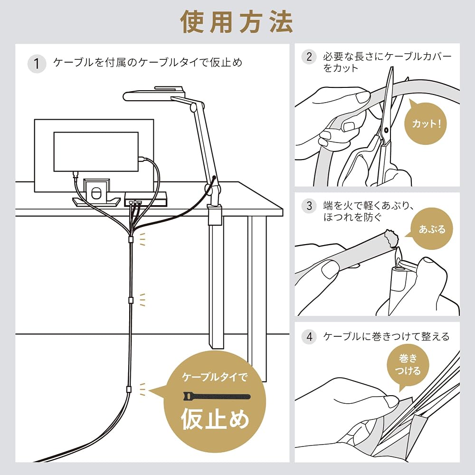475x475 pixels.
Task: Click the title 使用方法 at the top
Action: pos(237,22)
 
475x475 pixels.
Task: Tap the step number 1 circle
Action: pos(37,64)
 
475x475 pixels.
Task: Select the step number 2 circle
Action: pos(309,57)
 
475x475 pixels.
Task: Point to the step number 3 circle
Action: pos(309,206)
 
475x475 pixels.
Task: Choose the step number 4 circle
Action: pos(309,337)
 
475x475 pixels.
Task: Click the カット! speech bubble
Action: pos(426,123)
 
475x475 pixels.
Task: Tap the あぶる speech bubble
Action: pos(432,229)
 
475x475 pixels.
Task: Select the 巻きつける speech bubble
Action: pos(408,366)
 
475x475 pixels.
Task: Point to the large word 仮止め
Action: pos(215,419)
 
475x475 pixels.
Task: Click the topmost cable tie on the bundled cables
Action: pos(131,239)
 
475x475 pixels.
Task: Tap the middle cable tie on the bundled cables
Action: pos(131,300)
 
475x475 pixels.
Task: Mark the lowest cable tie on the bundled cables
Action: pos(129,389)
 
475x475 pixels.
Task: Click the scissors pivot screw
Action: pos(386,130)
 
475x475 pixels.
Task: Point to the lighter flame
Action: pos(398,254)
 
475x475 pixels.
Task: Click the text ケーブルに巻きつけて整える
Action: pos(386,337)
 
